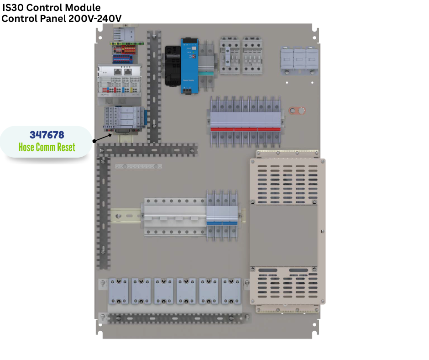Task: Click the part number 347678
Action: [47, 135]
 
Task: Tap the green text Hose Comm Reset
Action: [47, 147]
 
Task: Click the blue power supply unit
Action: [189, 66]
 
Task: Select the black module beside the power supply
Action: [173, 66]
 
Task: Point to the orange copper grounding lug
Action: [297, 111]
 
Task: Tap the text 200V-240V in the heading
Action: [95, 19]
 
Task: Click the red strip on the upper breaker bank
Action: [246, 129]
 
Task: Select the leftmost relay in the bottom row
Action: [119, 291]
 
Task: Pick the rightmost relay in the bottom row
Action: [231, 291]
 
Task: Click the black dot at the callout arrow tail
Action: [94, 141]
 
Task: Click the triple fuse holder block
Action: [299, 61]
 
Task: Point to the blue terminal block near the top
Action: [123, 59]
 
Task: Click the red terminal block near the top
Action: [125, 50]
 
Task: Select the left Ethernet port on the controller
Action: [118, 72]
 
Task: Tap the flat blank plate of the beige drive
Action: [284, 236]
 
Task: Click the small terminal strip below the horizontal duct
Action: [138, 166]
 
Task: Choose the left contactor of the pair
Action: [230, 56]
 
